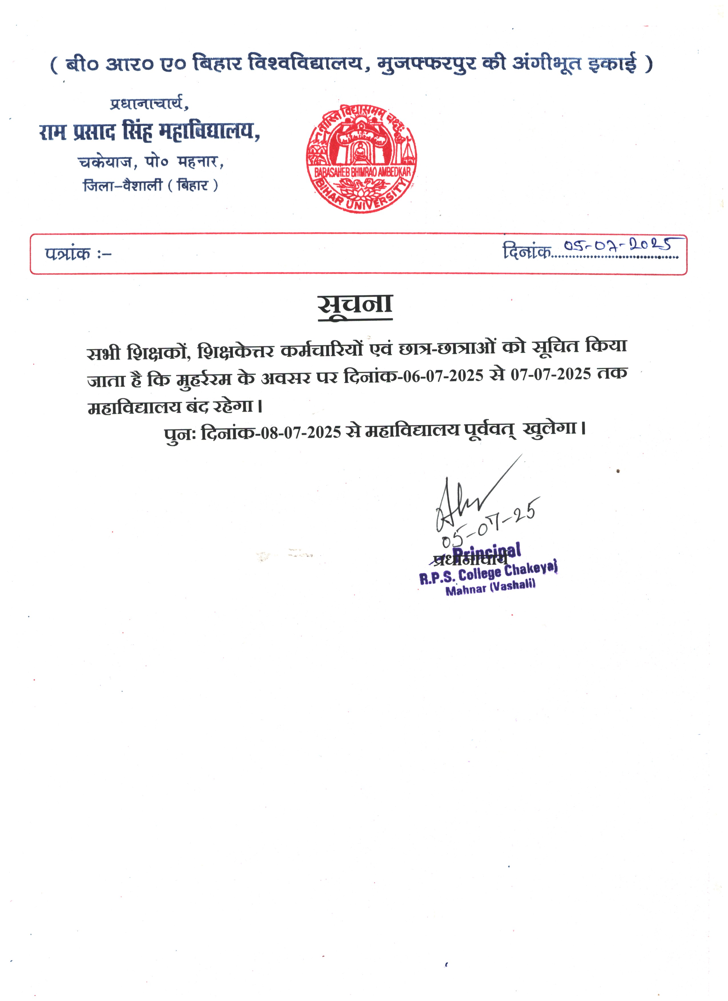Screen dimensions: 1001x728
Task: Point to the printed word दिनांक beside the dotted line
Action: point(527,252)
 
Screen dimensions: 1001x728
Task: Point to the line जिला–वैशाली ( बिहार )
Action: point(150,185)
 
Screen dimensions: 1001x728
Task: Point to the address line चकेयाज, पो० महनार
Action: point(151,162)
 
